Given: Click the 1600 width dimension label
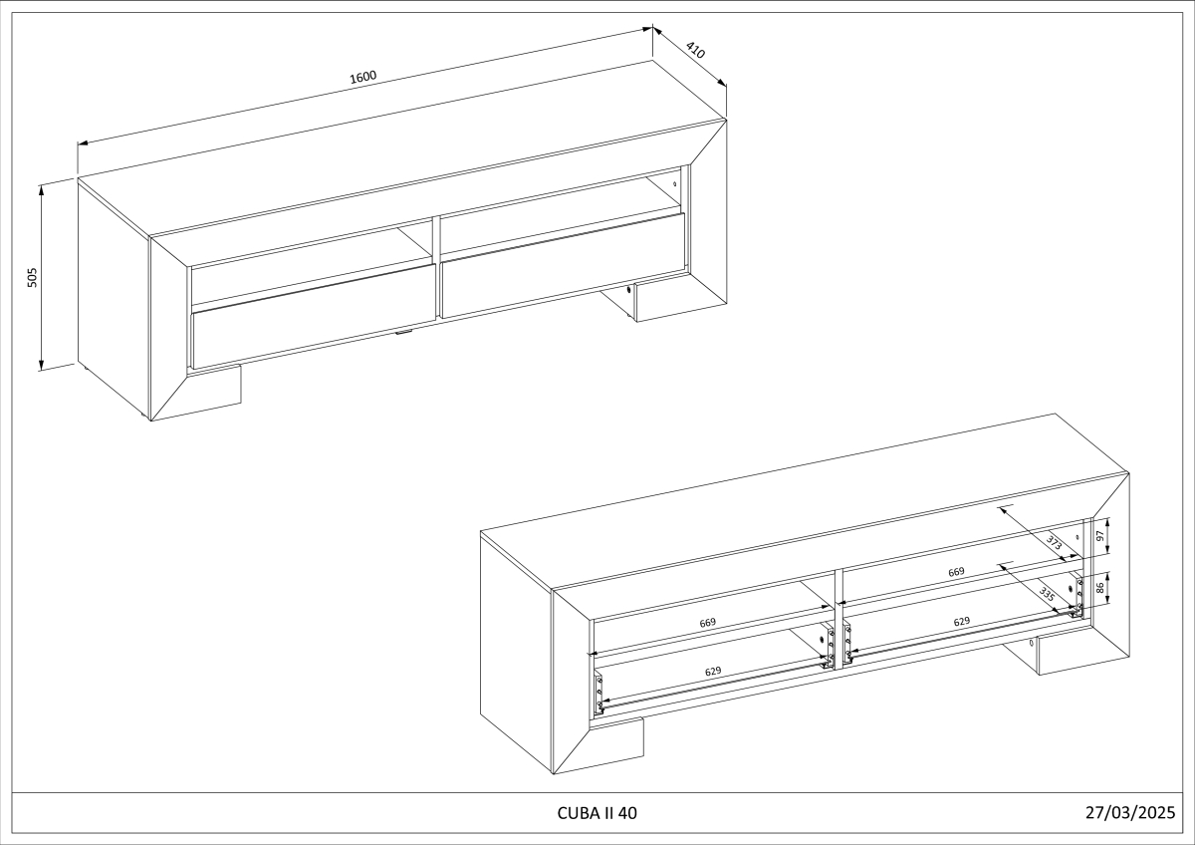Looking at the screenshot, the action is click(363, 77).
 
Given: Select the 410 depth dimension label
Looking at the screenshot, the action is click(695, 50).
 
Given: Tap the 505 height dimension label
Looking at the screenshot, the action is click(32, 278).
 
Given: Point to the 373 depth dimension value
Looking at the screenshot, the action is click(1055, 543).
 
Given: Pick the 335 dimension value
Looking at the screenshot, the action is click(1048, 594).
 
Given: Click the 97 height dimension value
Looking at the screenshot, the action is click(1099, 536).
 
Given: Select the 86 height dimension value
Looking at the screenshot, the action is click(1099, 588).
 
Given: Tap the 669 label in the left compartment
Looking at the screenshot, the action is click(707, 623).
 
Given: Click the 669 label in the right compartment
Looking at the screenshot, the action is click(956, 572).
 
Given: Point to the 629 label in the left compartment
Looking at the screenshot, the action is click(713, 671).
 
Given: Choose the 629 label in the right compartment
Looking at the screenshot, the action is click(961, 622).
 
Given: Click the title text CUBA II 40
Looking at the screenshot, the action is click(597, 813).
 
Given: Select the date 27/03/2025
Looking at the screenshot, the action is click(1130, 812).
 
